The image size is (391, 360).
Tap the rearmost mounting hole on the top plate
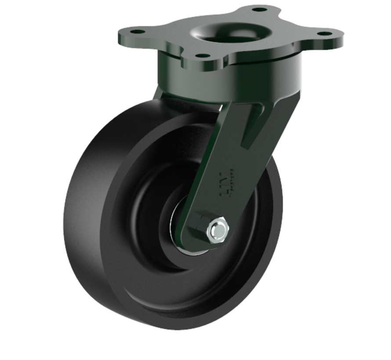(x=260, y=9)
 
